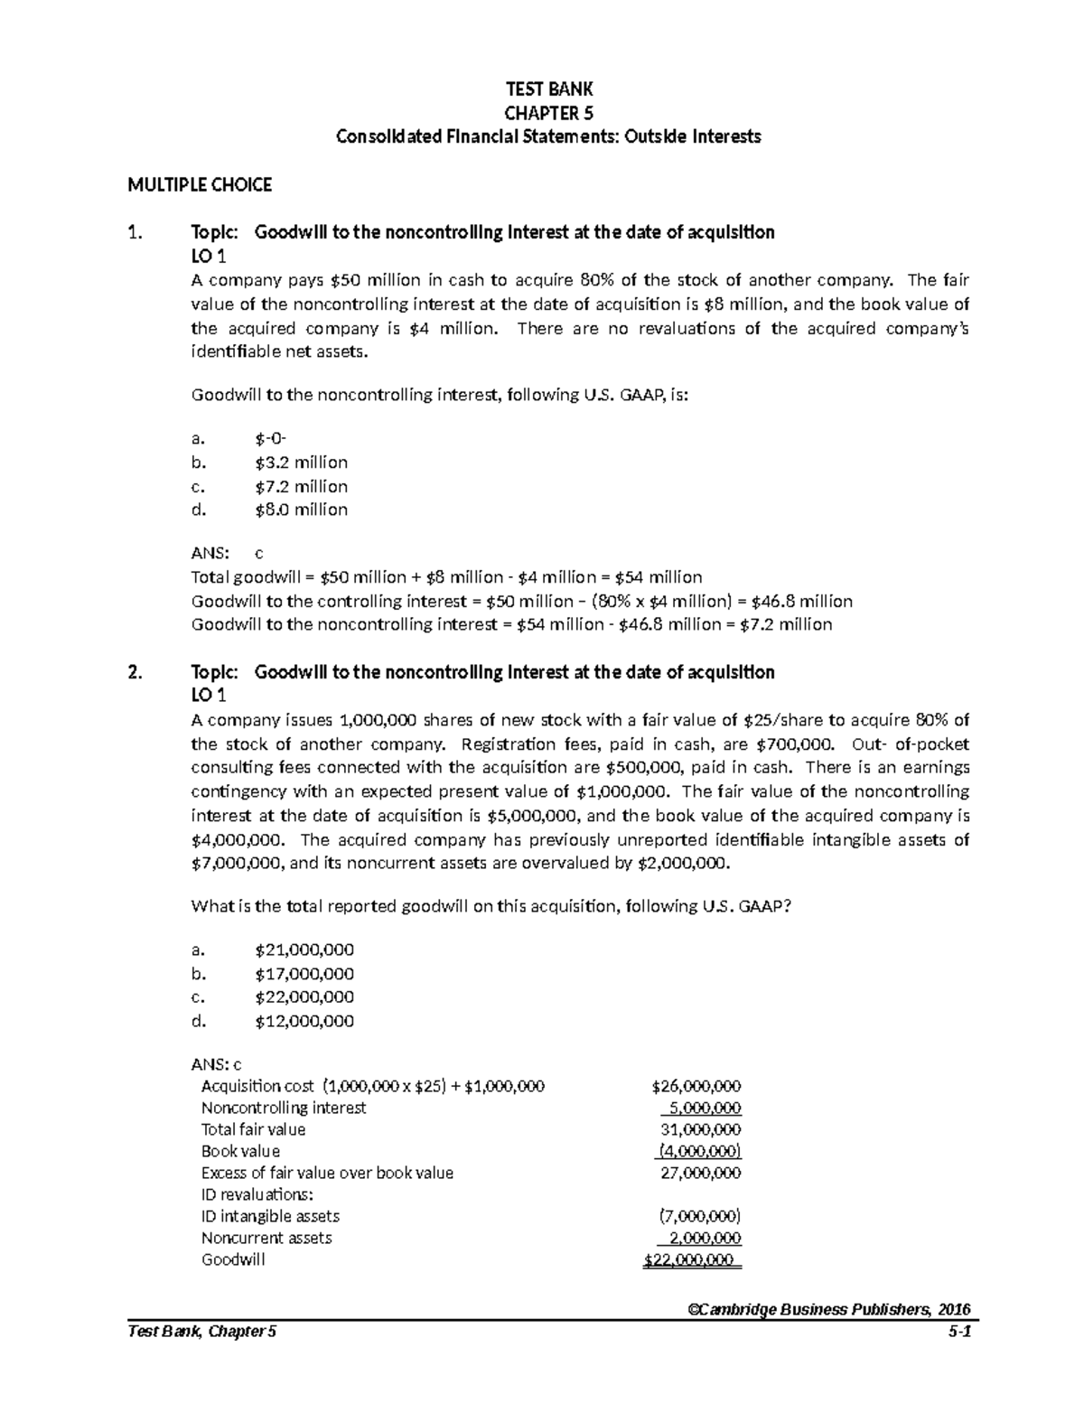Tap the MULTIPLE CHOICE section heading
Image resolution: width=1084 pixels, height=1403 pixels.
pyautogui.click(x=200, y=185)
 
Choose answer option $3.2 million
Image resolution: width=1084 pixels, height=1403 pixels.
pyautogui.click(x=301, y=463)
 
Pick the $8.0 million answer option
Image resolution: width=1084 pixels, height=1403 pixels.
pyautogui.click(x=301, y=510)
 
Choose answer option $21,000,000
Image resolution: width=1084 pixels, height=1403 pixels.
pyautogui.click(x=304, y=949)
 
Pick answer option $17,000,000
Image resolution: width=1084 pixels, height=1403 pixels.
pyautogui.click(x=304, y=974)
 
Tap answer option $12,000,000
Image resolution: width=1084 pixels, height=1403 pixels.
pyautogui.click(x=304, y=1022)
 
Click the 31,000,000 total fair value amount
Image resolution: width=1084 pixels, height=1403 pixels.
pyautogui.click(x=701, y=1129)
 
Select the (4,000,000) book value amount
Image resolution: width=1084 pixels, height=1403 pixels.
pyautogui.click(x=699, y=1151)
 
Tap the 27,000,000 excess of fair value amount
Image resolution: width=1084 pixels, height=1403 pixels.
pyautogui.click(x=701, y=1173)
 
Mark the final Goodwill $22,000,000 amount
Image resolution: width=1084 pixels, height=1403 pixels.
pyautogui.click(x=690, y=1260)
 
